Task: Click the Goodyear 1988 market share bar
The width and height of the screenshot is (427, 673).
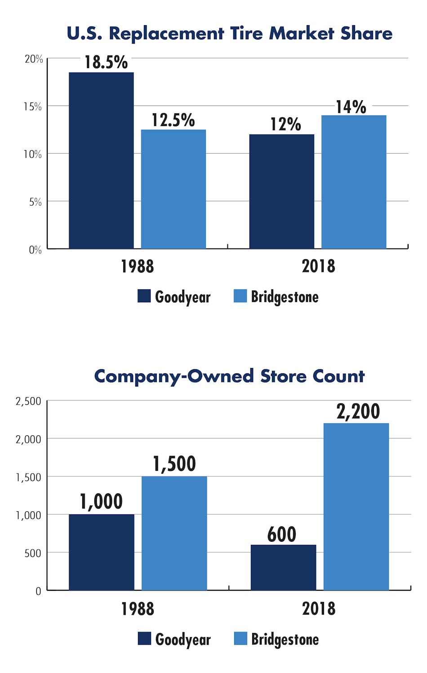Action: pos(101,160)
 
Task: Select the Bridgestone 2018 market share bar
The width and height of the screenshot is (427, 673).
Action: pos(354,182)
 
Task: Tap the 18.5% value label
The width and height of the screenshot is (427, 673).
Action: pos(106,62)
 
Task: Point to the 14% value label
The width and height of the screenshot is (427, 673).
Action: pos(351,107)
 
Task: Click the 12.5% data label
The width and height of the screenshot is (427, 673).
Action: pos(173,120)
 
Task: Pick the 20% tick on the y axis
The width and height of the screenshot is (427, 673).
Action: pos(34,59)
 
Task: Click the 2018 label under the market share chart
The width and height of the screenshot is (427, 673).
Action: pos(318,266)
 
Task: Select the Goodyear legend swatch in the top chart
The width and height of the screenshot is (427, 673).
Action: pos(144,296)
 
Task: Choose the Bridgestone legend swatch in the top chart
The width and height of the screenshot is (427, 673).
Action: pos(240,296)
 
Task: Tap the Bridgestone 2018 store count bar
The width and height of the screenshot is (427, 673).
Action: pos(356,506)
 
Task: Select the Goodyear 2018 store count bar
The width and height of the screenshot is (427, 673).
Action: pos(283,567)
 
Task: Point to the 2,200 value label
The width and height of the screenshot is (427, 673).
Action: pos(358,411)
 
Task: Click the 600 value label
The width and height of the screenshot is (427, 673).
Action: pos(282,534)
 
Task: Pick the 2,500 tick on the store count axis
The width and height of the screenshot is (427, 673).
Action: pos(28,401)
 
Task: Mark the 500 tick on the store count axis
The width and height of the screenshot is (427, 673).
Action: pos(33,553)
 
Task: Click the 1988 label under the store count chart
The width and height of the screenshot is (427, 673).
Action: pos(138,609)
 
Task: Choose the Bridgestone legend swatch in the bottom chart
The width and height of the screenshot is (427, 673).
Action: pos(240,638)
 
